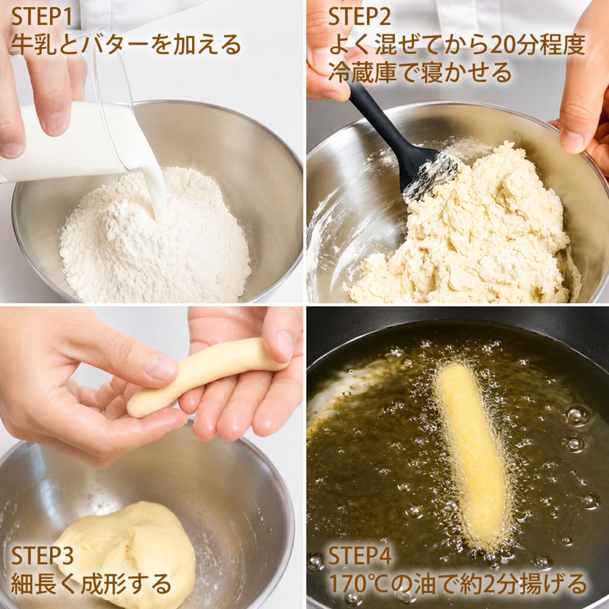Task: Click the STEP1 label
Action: tap(42, 18)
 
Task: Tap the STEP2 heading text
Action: tap(360, 18)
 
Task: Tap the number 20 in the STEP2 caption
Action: tap(504, 45)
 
